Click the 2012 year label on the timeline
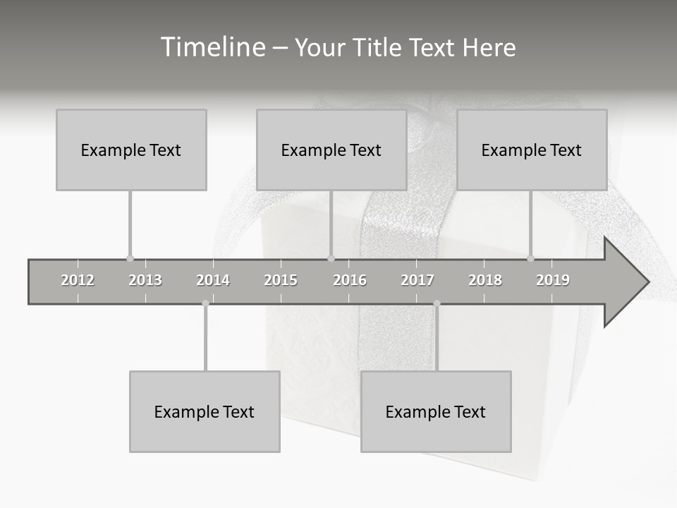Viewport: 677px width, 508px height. point(78,280)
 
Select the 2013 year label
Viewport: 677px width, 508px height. point(145,280)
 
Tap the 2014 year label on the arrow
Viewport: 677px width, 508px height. point(213,280)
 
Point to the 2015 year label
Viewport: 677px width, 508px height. point(281,280)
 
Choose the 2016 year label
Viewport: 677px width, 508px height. point(350,280)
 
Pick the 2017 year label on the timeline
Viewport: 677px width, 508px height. point(417,280)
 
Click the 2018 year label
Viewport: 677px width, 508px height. point(485,280)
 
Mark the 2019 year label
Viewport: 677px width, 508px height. point(553,280)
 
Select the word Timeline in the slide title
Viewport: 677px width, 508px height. point(211,47)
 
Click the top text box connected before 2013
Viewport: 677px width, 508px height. point(131,150)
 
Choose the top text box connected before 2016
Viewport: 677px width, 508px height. point(331,150)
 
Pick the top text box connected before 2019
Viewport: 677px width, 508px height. point(532,150)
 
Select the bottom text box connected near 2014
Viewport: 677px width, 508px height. point(205,411)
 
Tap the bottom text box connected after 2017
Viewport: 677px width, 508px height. point(436,411)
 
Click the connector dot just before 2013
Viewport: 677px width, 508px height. point(130,258)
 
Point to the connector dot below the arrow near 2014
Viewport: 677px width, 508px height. point(205,303)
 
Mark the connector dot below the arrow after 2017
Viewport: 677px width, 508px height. point(437,303)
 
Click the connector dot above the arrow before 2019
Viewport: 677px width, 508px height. point(531,258)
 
